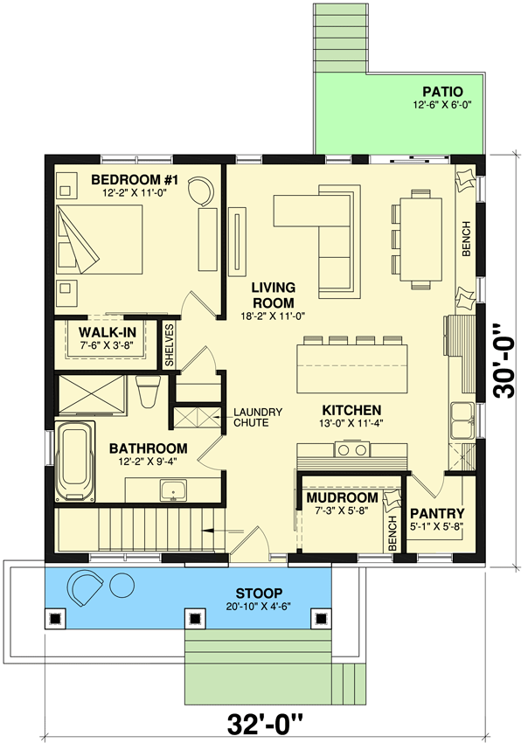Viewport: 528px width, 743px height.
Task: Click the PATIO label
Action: [441, 91]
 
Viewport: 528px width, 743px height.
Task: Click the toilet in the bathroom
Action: [148, 391]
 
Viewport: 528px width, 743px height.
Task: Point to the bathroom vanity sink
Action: [173, 490]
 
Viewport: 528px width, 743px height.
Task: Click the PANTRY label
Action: [436, 513]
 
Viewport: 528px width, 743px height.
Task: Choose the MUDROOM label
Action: [341, 498]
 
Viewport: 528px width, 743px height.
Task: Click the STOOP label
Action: [257, 591]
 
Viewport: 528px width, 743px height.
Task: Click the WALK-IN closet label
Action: [106, 333]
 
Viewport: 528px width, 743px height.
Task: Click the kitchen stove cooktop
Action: [351, 450]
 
